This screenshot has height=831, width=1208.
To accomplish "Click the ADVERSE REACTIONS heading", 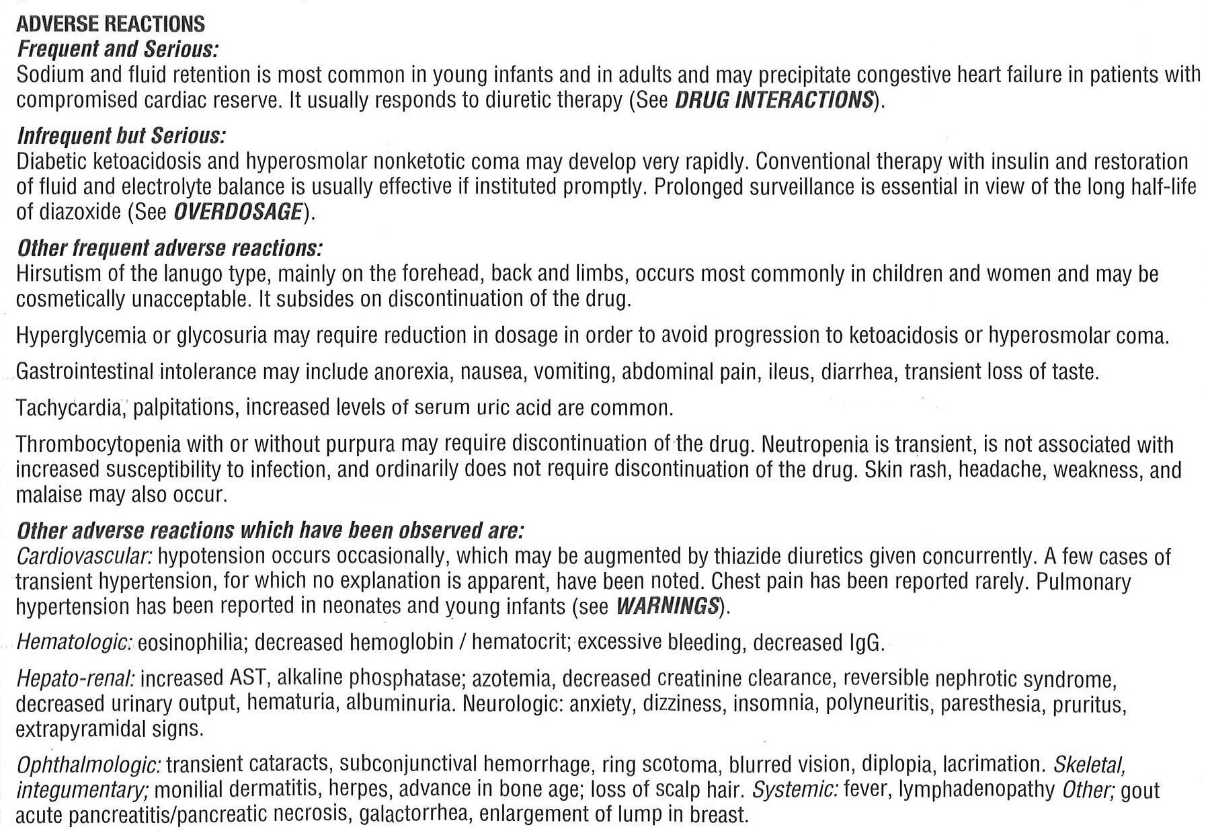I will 110,24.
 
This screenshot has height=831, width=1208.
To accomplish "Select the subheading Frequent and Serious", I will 118,49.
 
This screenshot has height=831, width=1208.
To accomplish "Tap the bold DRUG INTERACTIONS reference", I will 773,100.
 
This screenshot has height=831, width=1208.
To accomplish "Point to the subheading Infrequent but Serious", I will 121,136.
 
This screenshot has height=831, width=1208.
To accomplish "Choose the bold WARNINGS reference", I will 668,606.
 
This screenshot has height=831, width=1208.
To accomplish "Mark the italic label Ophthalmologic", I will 88,765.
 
